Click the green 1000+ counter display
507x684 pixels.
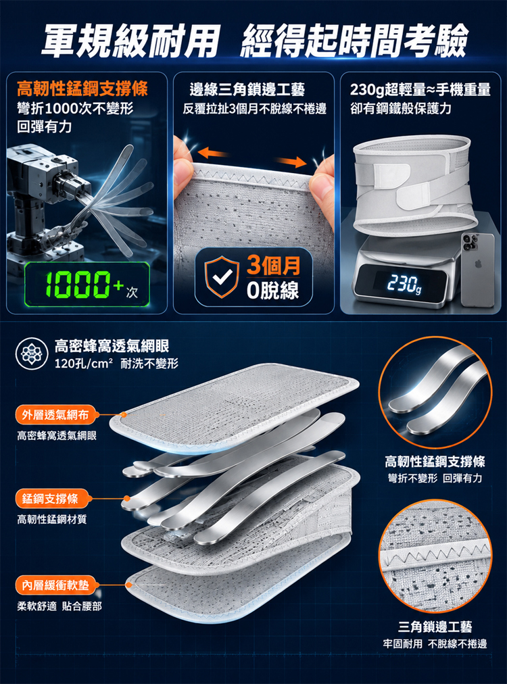pyautogui.click(x=87, y=284)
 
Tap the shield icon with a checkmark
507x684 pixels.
pyautogui.click(x=222, y=277)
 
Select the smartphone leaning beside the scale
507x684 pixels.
pyautogui.click(x=478, y=270)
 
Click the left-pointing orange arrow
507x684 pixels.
pyautogui.click(x=212, y=153)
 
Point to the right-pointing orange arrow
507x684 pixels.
pyautogui.click(x=291, y=162)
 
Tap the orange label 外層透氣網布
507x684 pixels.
pyautogui.click(x=55, y=415)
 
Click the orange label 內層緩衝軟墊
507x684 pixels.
pyautogui.click(x=55, y=585)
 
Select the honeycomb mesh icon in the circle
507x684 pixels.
pyautogui.click(x=31, y=353)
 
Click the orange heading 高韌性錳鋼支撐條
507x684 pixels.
pyautogui.click(x=82, y=89)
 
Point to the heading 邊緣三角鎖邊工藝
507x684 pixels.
pyautogui.click(x=247, y=90)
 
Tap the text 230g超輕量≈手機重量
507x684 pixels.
pyautogui.click(x=420, y=90)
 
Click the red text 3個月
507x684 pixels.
pyautogui.click(x=274, y=265)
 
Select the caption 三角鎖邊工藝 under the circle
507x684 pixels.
pyautogui.click(x=435, y=627)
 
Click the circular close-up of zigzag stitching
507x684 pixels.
pyautogui.click(x=435, y=556)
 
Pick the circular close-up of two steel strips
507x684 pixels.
pyautogui.click(x=435, y=393)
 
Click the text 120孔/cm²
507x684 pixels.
pyautogui.click(x=83, y=364)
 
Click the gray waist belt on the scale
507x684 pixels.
pyautogui.click(x=416, y=186)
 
